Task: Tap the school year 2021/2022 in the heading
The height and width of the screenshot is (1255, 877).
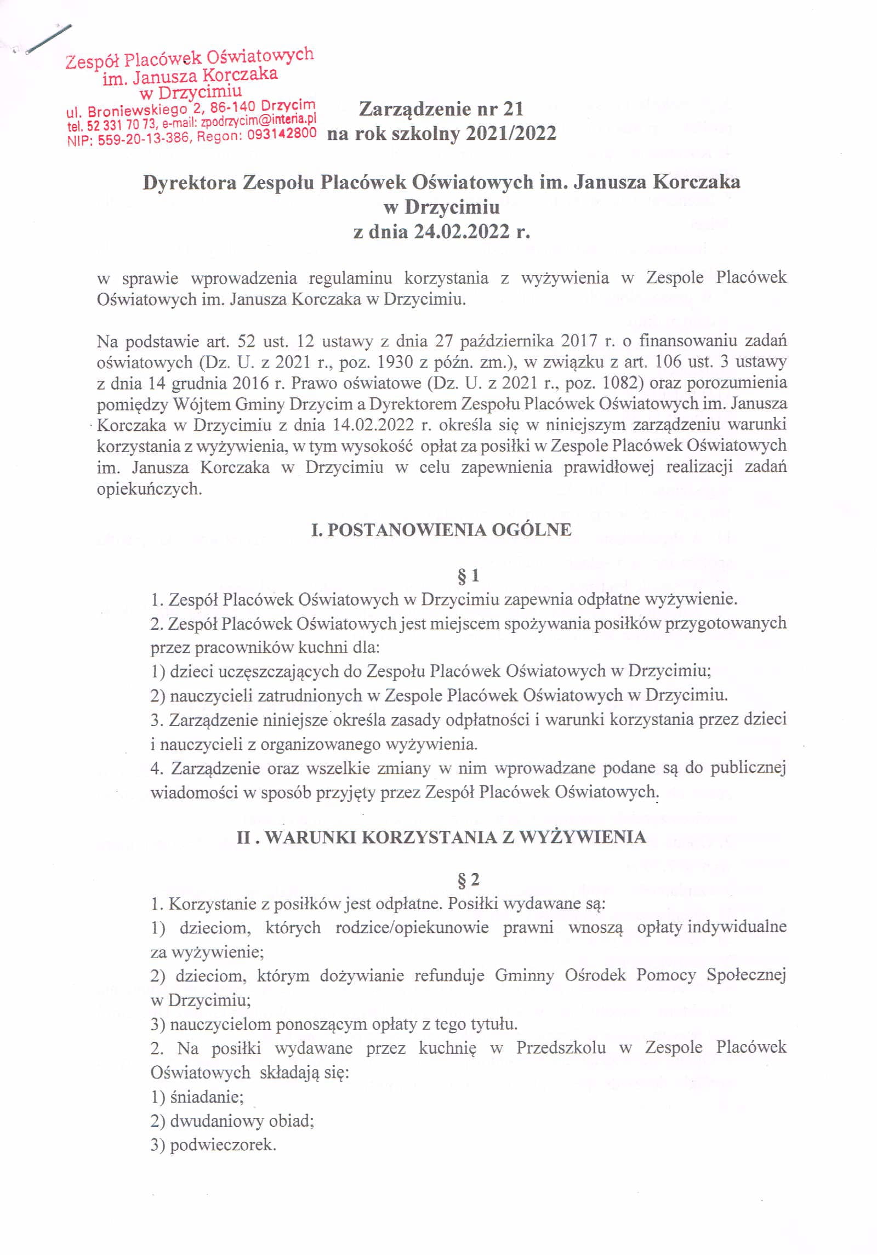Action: pyautogui.click(x=510, y=133)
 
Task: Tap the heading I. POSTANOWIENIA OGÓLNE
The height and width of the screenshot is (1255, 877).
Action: pyautogui.click(x=441, y=530)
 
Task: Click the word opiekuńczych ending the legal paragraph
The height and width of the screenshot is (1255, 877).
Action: pyautogui.click(x=149, y=489)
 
